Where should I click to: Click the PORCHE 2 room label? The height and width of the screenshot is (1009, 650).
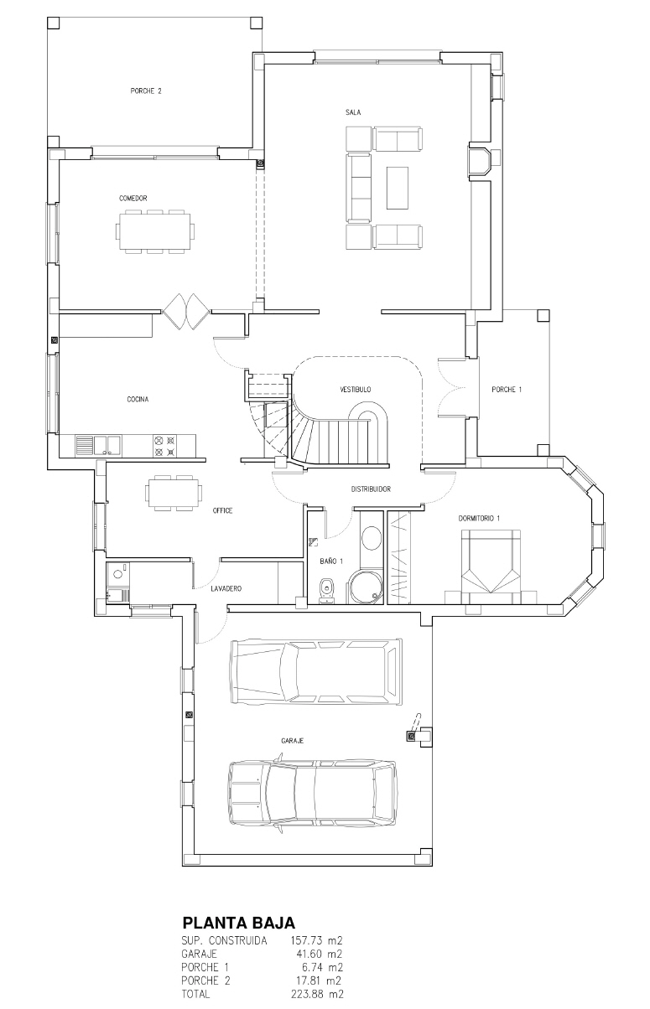click(x=146, y=91)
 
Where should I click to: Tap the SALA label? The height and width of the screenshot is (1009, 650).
click(x=353, y=112)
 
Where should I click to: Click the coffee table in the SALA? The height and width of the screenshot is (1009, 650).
click(x=397, y=188)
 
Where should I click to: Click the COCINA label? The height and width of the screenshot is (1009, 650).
click(x=138, y=399)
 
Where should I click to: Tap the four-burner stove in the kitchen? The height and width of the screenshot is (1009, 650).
click(x=164, y=446)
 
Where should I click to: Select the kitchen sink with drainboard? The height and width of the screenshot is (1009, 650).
click(x=98, y=446)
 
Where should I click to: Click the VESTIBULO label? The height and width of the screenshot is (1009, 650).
click(x=356, y=389)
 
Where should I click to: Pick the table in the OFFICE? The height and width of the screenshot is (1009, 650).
click(x=173, y=492)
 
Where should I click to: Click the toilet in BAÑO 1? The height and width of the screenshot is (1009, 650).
click(x=326, y=591)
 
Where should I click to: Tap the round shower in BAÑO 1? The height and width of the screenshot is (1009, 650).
click(x=364, y=586)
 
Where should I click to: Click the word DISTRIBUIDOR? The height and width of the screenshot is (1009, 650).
click(x=371, y=489)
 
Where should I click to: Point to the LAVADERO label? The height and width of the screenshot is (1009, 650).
click(x=226, y=589)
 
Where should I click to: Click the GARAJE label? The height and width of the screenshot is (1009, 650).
click(x=292, y=741)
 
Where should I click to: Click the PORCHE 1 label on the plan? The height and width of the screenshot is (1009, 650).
click(x=507, y=390)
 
